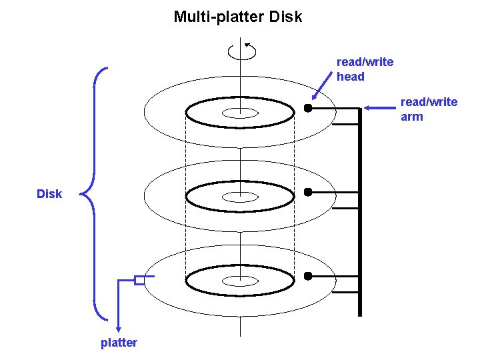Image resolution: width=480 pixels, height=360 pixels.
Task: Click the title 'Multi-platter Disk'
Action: (238, 17)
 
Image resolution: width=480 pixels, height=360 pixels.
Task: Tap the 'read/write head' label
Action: (365, 69)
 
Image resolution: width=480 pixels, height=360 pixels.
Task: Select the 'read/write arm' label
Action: (429, 109)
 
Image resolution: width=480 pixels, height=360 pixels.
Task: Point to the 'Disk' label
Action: (49, 194)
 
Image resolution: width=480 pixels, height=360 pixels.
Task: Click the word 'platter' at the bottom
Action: (119, 343)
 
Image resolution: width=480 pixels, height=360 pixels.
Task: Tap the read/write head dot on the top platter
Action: (308, 108)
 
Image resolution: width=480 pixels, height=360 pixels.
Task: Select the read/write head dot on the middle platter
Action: (308, 192)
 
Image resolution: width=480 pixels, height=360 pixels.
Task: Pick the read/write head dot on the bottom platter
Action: (308, 276)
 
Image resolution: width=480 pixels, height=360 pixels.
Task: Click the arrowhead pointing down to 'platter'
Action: (119, 327)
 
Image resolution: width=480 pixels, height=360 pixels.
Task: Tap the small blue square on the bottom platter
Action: (139, 280)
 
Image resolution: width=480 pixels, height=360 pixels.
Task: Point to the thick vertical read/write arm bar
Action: (360, 213)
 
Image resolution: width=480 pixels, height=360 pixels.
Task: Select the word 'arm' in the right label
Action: (412, 117)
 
